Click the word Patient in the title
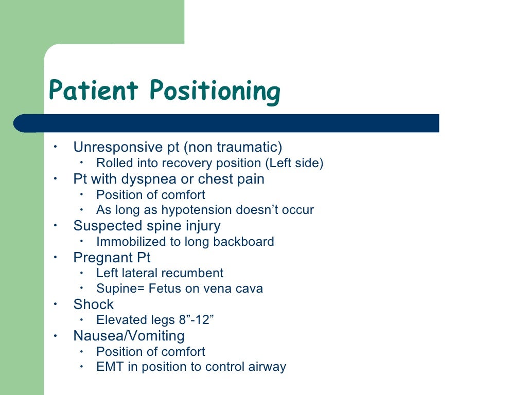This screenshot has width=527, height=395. pos(93,91)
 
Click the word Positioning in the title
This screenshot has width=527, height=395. pos(215,92)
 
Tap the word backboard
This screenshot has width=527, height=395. pos(244,241)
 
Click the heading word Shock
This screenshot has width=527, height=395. pos(93,304)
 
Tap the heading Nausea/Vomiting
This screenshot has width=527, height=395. pos(129,336)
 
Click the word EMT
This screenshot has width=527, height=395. pos(108,367)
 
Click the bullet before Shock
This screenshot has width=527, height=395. pos(56,304)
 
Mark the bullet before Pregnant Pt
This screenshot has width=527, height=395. pos(56,257)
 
